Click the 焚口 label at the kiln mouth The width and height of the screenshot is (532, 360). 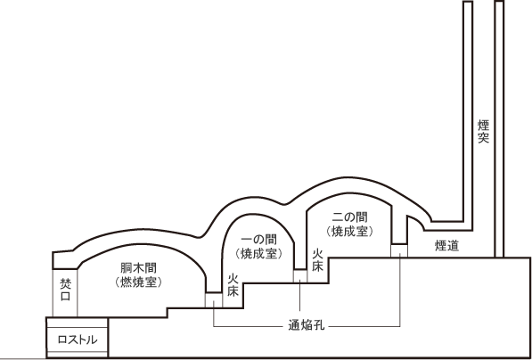(65, 290)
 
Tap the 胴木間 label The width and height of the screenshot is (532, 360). (138, 268)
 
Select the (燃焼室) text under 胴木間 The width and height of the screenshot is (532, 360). (138, 282)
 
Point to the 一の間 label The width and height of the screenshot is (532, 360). (259, 240)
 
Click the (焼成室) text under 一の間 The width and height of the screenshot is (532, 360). (259, 253)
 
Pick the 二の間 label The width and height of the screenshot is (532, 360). (350, 217)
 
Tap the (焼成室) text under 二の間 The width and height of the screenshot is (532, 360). (350, 231)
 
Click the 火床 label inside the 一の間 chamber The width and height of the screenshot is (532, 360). (233, 285)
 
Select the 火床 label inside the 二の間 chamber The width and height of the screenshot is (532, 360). (317, 260)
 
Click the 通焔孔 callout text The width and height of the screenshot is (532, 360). (307, 326)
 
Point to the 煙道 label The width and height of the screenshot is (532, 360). (446, 246)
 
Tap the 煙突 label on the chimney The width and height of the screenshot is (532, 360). (484, 131)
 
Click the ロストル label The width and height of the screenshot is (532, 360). (78, 340)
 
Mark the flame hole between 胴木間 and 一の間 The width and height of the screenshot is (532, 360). (214, 300)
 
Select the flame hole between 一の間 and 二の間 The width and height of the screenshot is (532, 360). (300, 276)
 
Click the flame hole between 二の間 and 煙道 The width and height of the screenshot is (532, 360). (399, 251)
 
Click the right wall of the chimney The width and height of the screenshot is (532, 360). (499, 129)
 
